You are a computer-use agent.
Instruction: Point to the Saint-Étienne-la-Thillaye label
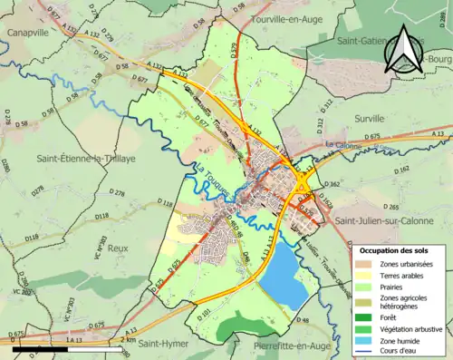click(81, 159)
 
